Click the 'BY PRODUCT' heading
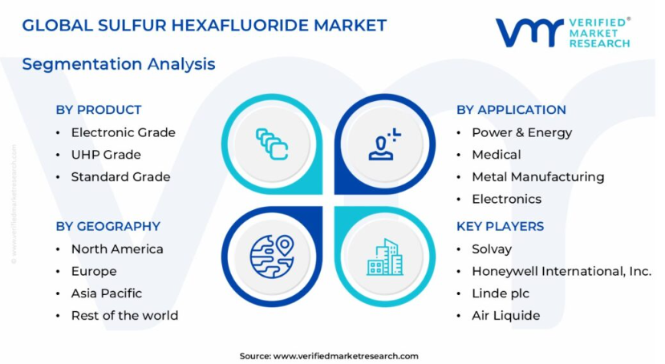[x=99, y=110]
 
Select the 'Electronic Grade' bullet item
[x=123, y=132]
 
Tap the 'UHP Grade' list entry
[x=106, y=155]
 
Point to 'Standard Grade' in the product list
[x=120, y=176]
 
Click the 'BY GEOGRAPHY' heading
[x=108, y=226]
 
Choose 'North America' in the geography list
[x=117, y=249]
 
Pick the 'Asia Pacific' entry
[x=107, y=293]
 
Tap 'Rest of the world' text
[x=124, y=316]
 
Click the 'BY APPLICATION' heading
[x=511, y=110]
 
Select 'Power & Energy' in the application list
[x=522, y=132]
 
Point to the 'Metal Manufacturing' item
[x=537, y=176]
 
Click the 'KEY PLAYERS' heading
[x=500, y=226]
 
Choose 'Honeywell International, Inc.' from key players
[x=562, y=271]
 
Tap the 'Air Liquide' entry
[x=506, y=316]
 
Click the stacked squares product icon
[x=272, y=144]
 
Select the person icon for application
[x=384, y=144]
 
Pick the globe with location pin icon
[x=272, y=257]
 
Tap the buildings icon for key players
[x=385, y=257]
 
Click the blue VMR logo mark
[x=530, y=32]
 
